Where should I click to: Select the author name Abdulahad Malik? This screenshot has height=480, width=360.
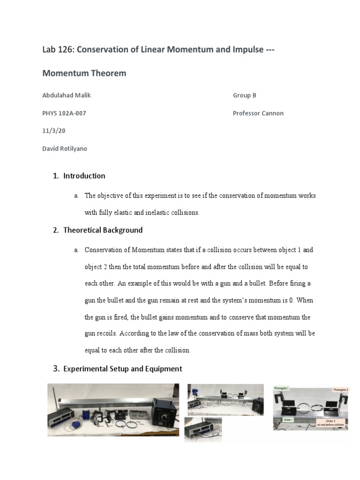click(67, 96)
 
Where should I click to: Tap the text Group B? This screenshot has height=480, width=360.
click(244, 96)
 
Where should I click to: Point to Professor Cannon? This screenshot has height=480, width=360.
click(258, 113)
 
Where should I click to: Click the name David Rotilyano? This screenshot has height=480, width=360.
click(65, 149)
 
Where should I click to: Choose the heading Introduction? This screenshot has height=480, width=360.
click(84, 176)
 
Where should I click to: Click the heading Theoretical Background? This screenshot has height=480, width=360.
click(103, 231)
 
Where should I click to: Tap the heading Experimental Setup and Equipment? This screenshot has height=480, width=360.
click(122, 369)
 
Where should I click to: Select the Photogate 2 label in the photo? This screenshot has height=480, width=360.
click(340, 390)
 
